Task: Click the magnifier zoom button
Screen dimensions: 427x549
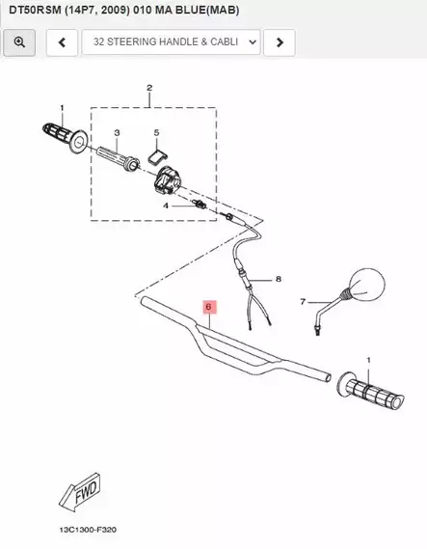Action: click(19, 42)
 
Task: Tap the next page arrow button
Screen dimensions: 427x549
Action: click(280, 42)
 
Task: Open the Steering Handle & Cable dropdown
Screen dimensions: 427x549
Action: click(171, 42)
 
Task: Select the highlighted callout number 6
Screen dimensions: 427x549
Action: click(209, 307)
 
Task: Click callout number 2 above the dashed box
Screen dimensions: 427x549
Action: click(149, 88)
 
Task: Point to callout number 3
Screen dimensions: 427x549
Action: click(117, 133)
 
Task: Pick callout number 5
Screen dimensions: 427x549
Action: click(156, 133)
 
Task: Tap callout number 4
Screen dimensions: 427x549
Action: click(166, 206)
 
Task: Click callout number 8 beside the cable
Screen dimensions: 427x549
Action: click(279, 279)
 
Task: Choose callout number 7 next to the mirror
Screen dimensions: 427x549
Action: click(303, 301)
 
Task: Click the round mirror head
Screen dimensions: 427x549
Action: click(367, 285)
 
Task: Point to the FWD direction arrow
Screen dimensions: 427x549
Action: click(80, 491)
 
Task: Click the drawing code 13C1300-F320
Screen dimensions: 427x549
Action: click(88, 530)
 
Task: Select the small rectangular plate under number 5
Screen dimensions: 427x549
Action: click(157, 155)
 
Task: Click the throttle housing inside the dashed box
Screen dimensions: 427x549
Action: click(167, 179)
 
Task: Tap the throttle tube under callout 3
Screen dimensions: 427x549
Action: click(119, 158)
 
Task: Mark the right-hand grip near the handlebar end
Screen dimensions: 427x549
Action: click(371, 391)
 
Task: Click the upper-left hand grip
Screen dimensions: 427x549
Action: click(65, 138)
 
